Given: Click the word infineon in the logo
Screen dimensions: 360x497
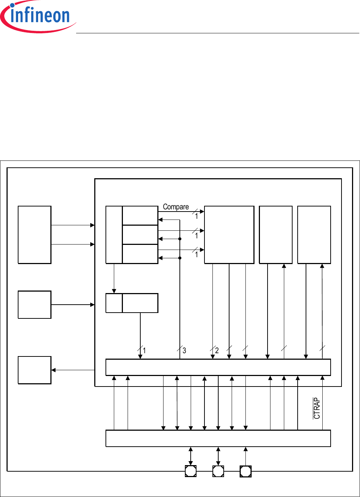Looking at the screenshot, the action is pyautogui.click(x=40, y=15).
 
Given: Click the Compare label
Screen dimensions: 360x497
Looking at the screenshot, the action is pyautogui.click(x=176, y=207).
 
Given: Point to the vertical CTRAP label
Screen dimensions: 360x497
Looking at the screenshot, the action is pyautogui.click(x=317, y=408).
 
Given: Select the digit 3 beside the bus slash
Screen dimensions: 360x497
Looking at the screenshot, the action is pyautogui.click(x=184, y=350).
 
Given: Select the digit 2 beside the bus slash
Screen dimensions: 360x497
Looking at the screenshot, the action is pyautogui.click(x=217, y=350).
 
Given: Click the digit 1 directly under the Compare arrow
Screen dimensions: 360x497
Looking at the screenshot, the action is pyautogui.click(x=196, y=216).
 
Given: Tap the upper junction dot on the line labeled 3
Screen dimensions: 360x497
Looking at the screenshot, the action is pyautogui.click(x=180, y=239).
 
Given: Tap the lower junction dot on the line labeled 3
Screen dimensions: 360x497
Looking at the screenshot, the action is pyautogui.click(x=180, y=258).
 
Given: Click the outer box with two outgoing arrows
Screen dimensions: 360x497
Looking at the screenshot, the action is pyautogui.click(x=34, y=235).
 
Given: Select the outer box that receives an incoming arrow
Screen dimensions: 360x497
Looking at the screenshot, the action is pyautogui.click(x=34, y=370).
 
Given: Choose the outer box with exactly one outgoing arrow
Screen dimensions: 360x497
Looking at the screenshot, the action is pyautogui.click(x=34, y=305).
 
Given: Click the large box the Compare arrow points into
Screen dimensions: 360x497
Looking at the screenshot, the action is pyautogui.click(x=229, y=235).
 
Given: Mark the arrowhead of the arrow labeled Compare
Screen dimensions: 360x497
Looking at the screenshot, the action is pyautogui.click(x=202, y=212).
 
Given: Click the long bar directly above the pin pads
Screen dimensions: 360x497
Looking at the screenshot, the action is pyautogui.click(x=218, y=438).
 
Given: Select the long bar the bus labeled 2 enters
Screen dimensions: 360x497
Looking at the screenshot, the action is pyautogui.click(x=218, y=367).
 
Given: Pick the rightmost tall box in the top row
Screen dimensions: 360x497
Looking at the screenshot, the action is pyautogui.click(x=314, y=235).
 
